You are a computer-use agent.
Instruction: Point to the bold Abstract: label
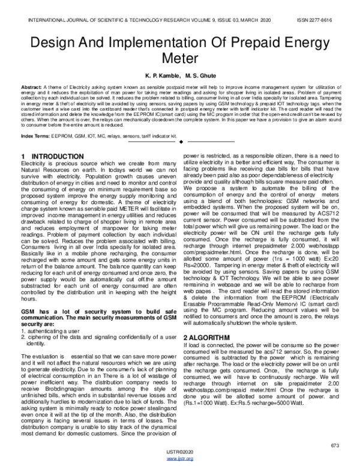click(x=31, y=87)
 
